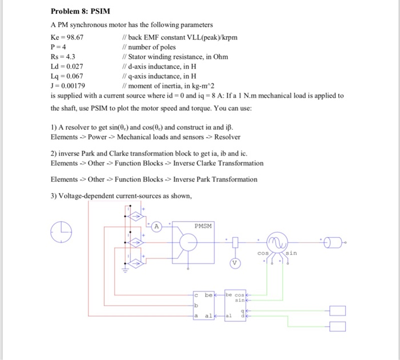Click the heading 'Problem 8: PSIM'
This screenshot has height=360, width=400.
[x=81, y=11]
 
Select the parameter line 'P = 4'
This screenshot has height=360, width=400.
[x=59, y=47]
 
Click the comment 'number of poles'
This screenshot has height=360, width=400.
[x=152, y=47]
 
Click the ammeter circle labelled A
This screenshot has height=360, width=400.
[x=155, y=226]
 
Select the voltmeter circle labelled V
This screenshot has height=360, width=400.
[x=234, y=263]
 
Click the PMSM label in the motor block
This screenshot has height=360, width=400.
[x=202, y=226]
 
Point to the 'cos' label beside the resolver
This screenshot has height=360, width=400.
[x=262, y=253]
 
